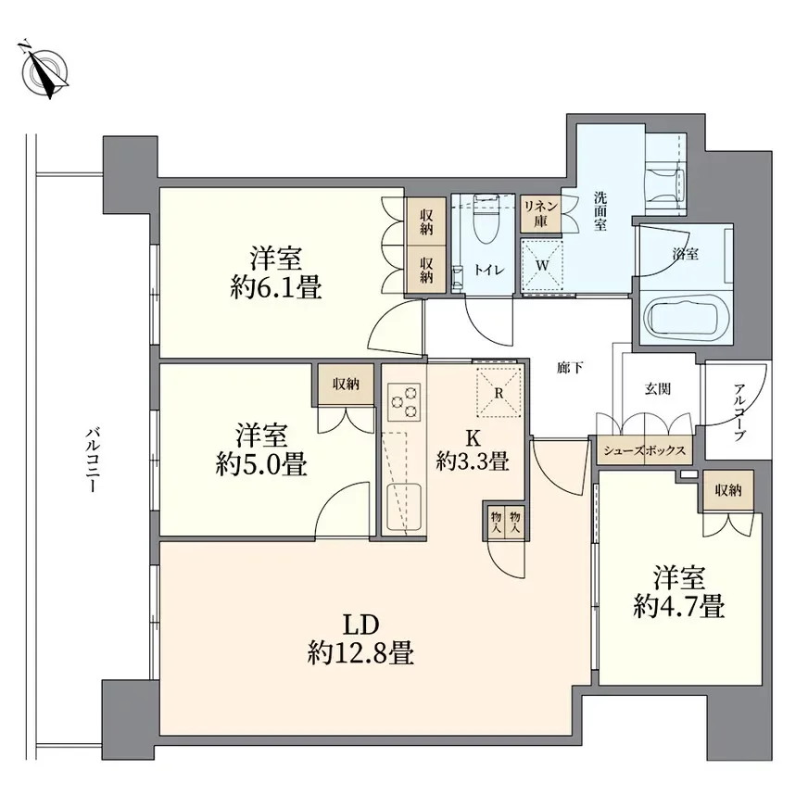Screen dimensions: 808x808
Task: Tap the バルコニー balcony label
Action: tap(92, 460)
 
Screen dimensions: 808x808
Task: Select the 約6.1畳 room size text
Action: tap(276, 287)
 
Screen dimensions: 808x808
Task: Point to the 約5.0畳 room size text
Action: tap(261, 463)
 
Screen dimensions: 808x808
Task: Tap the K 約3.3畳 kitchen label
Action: tap(473, 449)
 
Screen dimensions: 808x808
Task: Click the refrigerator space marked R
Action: tap(499, 393)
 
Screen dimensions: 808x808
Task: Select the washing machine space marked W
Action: tap(541, 266)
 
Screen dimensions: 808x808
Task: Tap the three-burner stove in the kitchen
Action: tap(404, 402)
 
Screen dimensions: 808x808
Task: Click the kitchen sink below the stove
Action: tap(404, 508)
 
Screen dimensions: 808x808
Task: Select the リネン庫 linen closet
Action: tap(540, 213)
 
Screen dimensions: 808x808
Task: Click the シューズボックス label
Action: tap(644, 450)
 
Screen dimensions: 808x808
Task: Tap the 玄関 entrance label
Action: tap(658, 388)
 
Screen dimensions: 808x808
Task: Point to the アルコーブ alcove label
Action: tap(739, 411)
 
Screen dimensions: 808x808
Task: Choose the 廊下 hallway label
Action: tap(571, 368)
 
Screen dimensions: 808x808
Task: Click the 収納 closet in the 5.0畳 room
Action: tap(346, 384)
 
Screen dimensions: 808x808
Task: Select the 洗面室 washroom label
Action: tap(600, 210)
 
